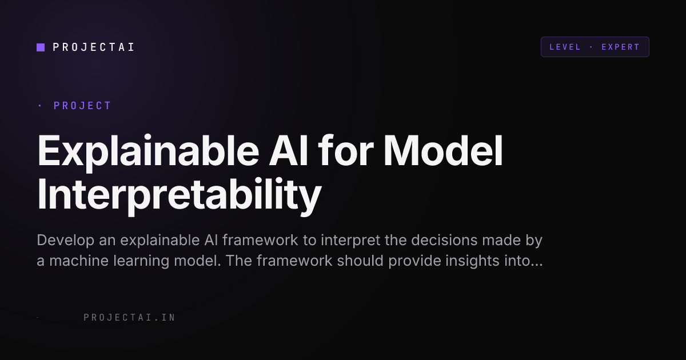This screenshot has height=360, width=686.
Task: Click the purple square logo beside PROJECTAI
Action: [41, 47]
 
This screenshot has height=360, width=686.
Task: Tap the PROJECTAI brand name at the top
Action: [93, 47]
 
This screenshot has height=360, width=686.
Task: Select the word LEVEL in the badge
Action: [565, 47]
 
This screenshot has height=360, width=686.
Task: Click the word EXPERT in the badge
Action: [620, 47]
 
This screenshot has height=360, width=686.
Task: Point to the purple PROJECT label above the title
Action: [82, 106]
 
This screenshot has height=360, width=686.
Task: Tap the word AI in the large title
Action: [288, 151]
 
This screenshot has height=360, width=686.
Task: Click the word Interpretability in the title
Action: [179, 195]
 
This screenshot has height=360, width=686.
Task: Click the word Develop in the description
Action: [66, 241]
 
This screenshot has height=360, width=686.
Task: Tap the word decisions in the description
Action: [444, 240]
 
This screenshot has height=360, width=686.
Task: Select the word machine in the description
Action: [79, 261]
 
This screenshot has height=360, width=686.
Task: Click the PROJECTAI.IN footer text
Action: [130, 318]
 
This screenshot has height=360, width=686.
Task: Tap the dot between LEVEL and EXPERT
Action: [591, 47]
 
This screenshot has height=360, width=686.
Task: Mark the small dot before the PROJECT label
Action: [40, 106]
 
